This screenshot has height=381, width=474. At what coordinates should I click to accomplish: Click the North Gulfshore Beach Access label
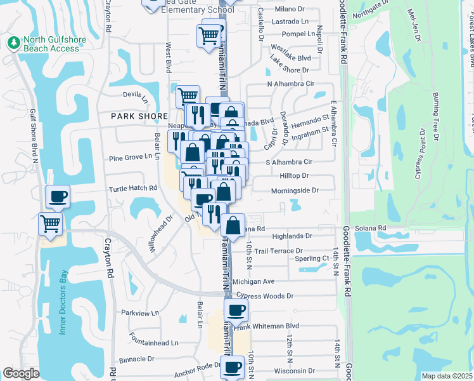[51, 44]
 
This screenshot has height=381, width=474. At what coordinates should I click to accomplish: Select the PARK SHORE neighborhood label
[139, 116]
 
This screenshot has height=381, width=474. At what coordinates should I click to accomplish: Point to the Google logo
[21, 373]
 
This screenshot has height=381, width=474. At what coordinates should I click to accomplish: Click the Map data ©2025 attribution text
[447, 376]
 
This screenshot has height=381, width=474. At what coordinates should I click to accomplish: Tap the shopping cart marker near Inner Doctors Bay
[51, 224]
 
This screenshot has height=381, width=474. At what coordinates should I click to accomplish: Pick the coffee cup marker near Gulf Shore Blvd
[58, 197]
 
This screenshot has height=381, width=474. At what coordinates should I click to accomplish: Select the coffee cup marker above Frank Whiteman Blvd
[236, 311]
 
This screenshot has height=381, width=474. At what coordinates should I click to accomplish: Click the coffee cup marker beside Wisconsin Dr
[233, 367]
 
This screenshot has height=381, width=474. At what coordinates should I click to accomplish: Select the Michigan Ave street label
[253, 281]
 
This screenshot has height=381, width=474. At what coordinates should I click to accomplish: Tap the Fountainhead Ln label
[148, 343]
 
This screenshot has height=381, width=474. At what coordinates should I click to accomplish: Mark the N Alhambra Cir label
[291, 84]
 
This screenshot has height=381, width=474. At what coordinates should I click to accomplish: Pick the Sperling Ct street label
[312, 259]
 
